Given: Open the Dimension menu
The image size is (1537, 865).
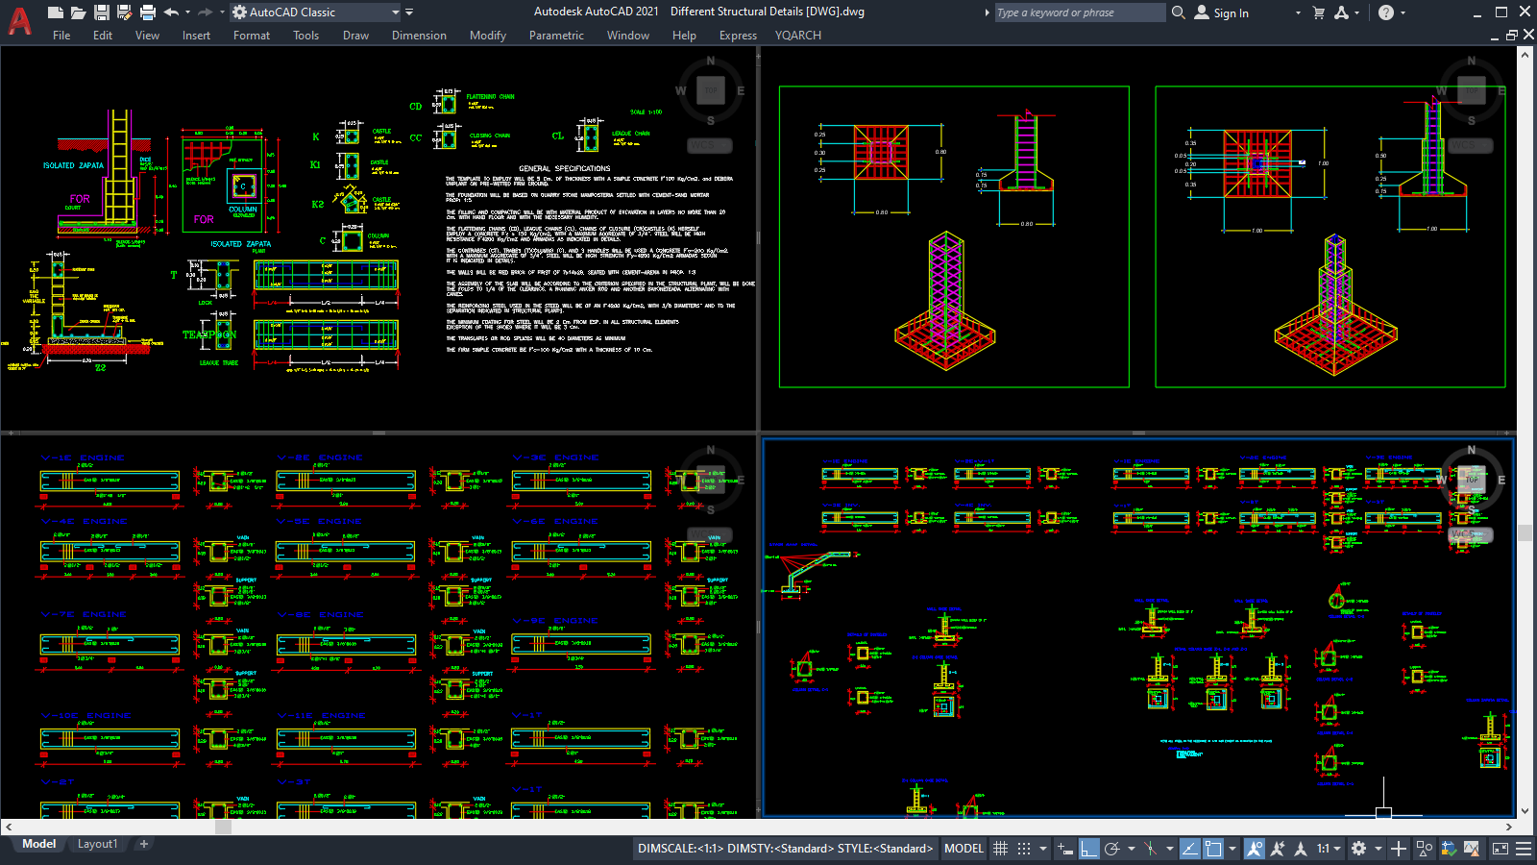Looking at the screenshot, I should click(x=419, y=36).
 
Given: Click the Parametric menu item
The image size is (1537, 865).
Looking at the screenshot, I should click(x=556, y=36).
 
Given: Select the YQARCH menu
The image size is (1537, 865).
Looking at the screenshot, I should click(x=797, y=36).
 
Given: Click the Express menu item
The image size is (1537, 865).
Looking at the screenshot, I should click(x=738, y=36).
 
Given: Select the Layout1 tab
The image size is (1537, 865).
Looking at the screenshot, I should click(x=97, y=844).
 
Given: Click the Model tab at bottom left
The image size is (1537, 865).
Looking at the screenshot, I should click(x=38, y=844).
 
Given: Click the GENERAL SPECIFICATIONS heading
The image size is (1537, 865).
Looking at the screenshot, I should click(x=565, y=168).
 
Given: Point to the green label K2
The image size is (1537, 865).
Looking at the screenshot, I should click(x=318, y=204).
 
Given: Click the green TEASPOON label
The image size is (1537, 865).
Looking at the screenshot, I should click(x=209, y=334).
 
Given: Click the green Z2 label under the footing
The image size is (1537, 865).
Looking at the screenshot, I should click(x=100, y=367).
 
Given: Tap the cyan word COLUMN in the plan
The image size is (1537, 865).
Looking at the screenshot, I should click(x=243, y=209).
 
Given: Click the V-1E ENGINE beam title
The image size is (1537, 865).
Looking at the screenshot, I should click(x=84, y=458).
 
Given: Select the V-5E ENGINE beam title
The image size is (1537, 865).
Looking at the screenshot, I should click(x=321, y=522).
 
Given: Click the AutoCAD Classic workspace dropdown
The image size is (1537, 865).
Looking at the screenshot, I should click(x=317, y=12).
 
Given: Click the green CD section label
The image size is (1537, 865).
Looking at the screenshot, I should click(x=416, y=107).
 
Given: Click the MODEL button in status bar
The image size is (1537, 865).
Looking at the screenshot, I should click(x=964, y=849).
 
